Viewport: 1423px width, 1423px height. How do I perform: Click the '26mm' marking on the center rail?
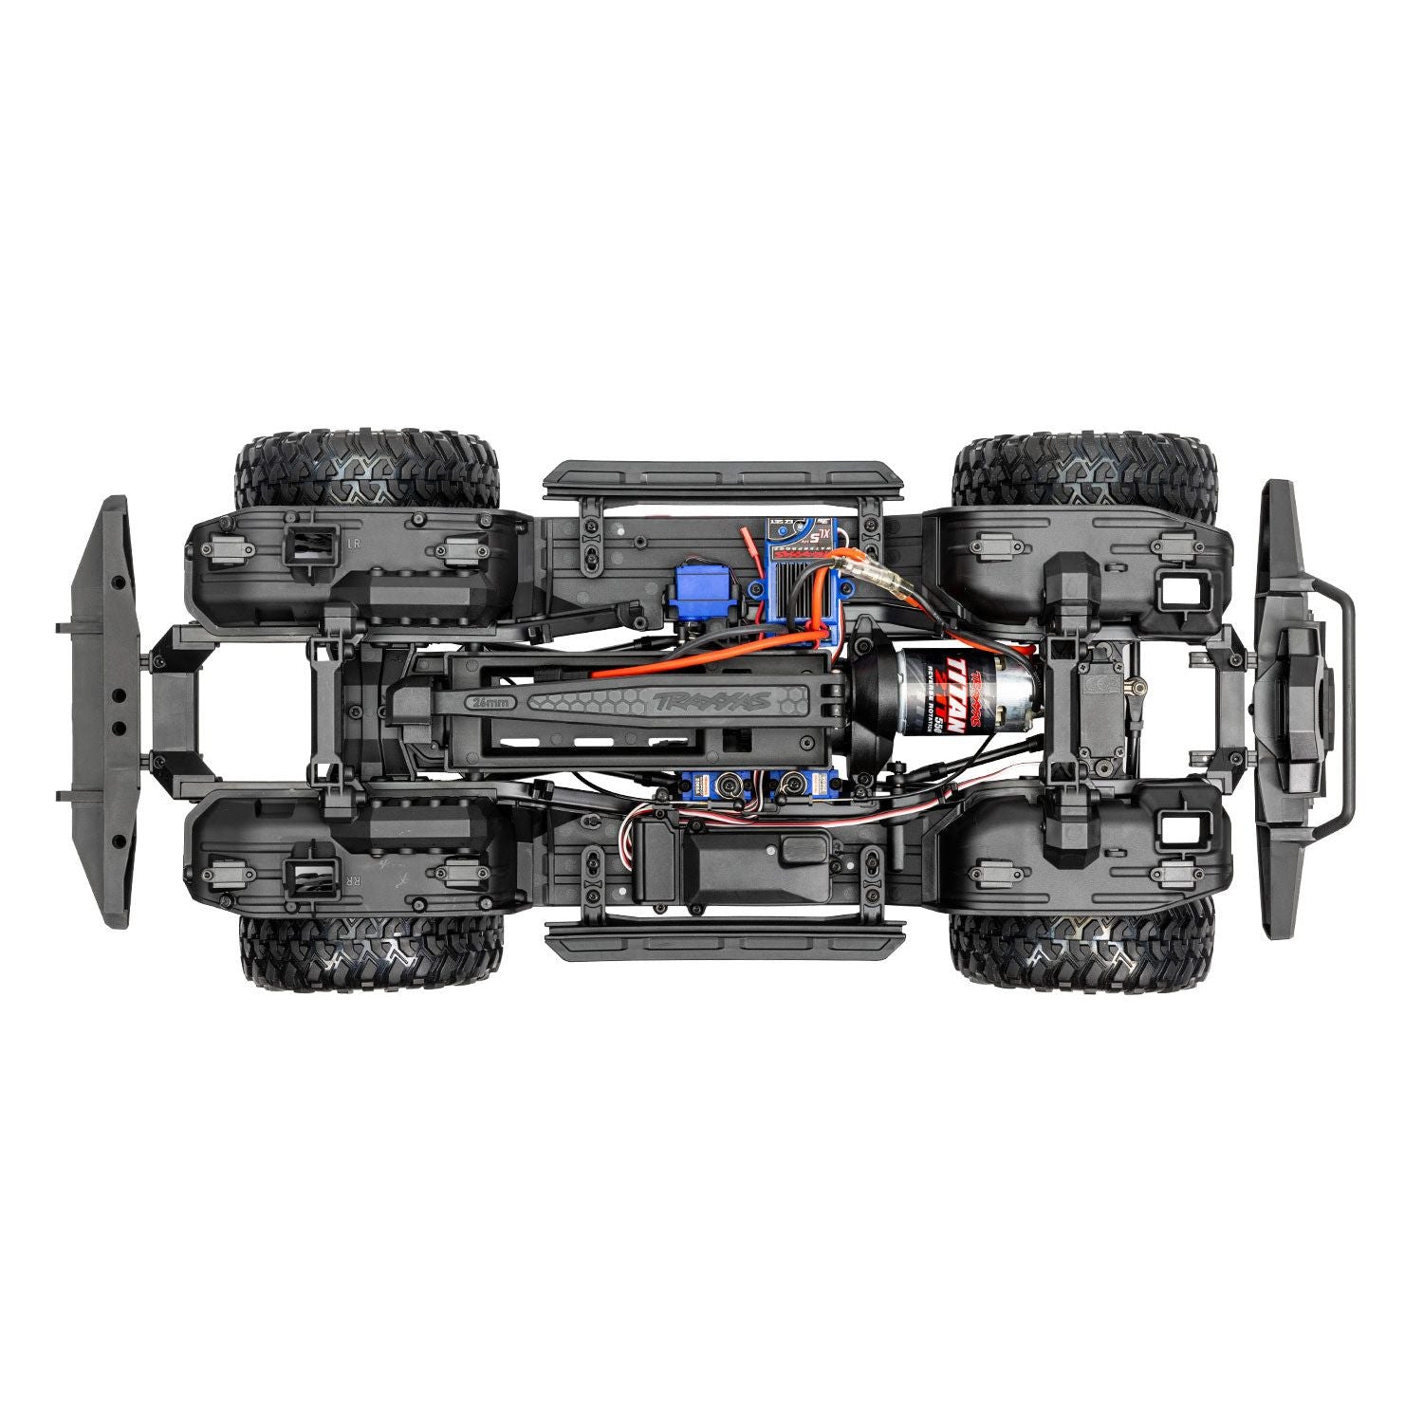(x=490, y=703)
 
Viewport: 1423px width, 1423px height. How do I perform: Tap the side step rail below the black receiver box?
(x=723, y=939)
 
